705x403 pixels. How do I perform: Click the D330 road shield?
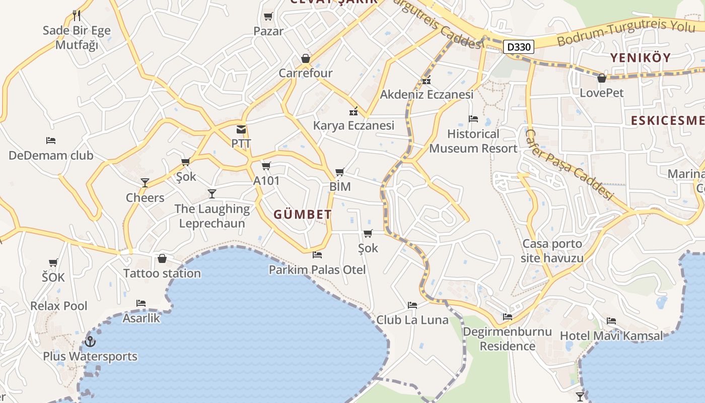pos(518,47)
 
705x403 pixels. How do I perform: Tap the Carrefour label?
pos(306,73)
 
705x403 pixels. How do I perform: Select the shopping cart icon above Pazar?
pos(268,17)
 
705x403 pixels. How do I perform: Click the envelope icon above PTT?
pos(241,129)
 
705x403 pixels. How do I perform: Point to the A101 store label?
pos(266,180)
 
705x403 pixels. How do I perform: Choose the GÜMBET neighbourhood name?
pos(303,215)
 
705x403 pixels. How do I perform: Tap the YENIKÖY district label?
pos(641,57)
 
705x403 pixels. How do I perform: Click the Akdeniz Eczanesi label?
pos(427,95)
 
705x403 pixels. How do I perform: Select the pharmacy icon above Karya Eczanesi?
pos(354,111)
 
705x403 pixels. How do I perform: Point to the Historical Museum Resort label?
pos(473,141)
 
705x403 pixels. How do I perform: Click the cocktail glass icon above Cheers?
pos(145,183)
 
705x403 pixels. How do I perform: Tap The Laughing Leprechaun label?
pos(212,216)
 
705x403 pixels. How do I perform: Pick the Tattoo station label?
pos(162,274)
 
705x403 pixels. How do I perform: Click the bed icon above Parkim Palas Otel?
pos(317,255)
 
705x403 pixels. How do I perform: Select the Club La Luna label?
pos(412,320)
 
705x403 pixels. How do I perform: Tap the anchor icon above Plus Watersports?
pos(90,342)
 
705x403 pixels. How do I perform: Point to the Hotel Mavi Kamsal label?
pos(611,335)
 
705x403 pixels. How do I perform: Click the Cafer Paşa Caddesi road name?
pos(570,164)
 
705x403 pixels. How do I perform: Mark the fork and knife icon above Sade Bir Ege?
pos(77,15)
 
